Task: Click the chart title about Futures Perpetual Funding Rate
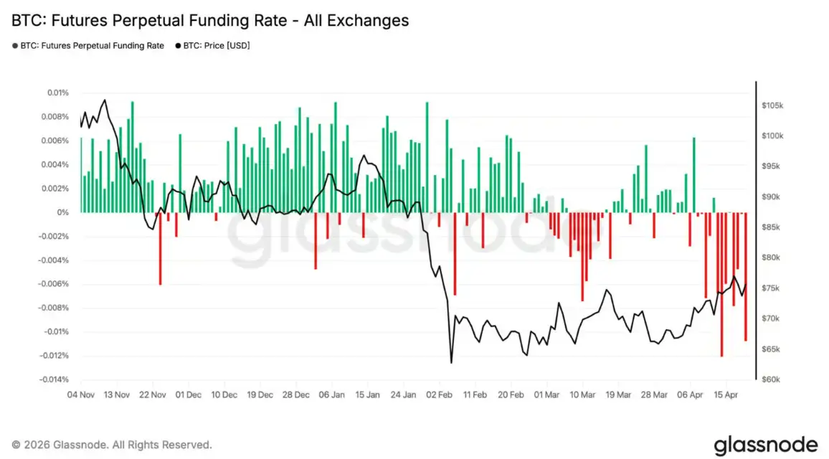[210, 20]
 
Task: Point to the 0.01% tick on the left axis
[58, 93]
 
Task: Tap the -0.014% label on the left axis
[55, 379]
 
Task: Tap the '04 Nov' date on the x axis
[81, 394]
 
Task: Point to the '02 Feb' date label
[439, 394]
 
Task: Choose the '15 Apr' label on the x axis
[726, 394]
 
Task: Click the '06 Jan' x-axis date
[331, 394]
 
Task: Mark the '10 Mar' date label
[582, 394]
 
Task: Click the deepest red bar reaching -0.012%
[722, 287]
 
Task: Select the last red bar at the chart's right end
[746, 276]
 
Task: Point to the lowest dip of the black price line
[451, 362]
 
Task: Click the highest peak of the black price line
[105, 100]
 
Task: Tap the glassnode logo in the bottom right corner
[765, 443]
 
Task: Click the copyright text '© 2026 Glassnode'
[111, 445]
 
